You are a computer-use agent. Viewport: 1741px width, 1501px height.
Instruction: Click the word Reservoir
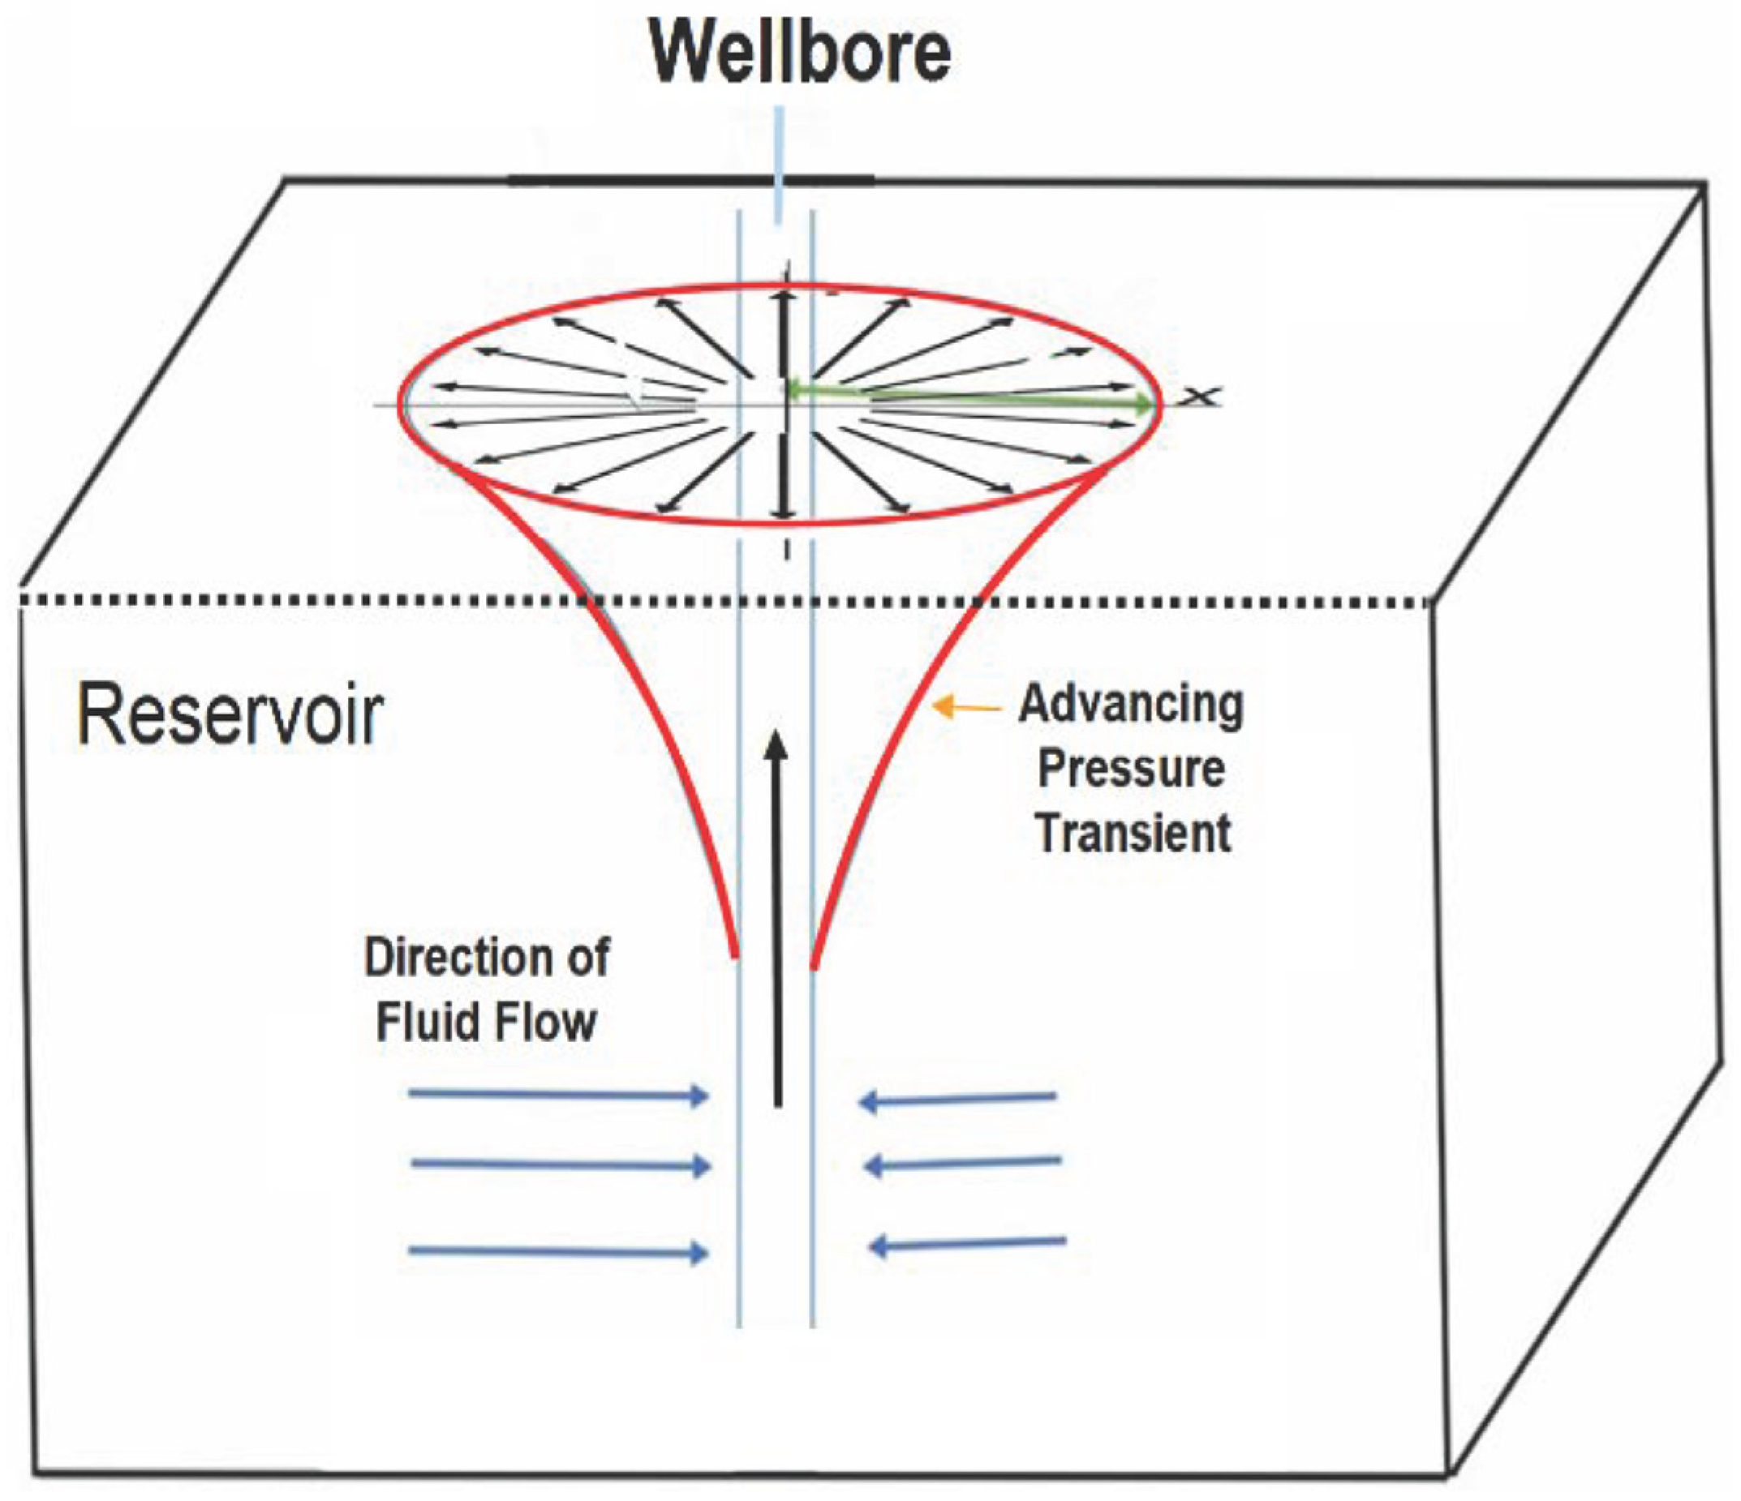(x=230, y=716)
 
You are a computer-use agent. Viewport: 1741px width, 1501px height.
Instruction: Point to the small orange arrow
(x=966, y=707)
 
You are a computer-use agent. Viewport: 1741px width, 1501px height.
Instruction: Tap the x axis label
(x=1200, y=396)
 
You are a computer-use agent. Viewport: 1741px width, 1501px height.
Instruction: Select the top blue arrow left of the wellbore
(x=559, y=1095)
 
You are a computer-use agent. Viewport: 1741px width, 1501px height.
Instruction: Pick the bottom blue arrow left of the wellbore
(x=559, y=1251)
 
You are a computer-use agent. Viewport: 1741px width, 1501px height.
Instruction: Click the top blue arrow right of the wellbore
(x=958, y=1099)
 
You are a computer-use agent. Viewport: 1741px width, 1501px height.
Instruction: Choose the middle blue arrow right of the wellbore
(x=962, y=1164)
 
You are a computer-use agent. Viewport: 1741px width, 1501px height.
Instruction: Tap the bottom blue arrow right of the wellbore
(x=966, y=1243)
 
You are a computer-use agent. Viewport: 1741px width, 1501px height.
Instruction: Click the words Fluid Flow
(x=486, y=1023)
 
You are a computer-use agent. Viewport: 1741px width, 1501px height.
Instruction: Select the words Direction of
(x=486, y=958)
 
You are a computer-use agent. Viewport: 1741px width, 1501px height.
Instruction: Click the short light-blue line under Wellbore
(x=779, y=164)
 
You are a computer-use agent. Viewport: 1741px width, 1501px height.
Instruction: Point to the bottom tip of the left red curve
(x=736, y=954)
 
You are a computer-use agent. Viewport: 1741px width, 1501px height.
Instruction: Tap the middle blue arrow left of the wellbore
(x=561, y=1165)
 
